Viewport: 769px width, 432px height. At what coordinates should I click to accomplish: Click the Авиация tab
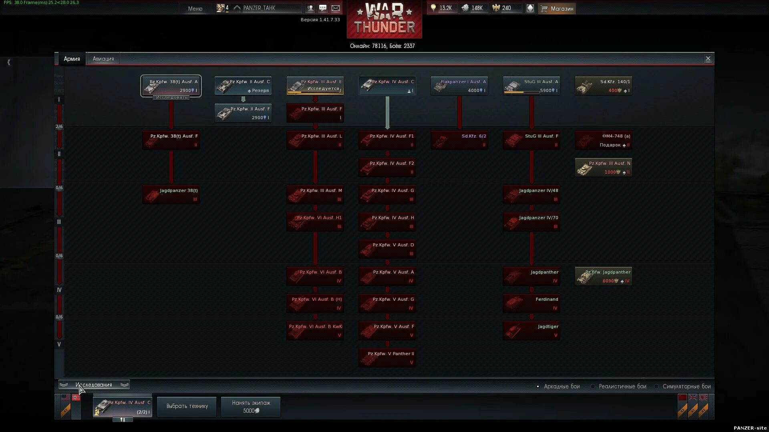point(103,59)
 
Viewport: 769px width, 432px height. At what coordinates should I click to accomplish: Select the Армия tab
point(72,59)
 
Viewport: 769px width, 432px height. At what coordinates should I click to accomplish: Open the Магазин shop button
point(557,8)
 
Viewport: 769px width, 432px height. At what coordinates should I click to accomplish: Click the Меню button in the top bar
point(195,8)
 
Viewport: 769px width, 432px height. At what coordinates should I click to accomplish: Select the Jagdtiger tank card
point(531,331)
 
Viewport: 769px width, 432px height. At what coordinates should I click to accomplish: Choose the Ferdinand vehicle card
point(531,304)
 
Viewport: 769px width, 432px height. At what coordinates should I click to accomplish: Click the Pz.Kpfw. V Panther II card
point(387,358)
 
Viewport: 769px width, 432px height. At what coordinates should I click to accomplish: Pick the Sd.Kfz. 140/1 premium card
point(603,86)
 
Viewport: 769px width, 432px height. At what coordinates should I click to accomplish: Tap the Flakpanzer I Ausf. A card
point(459,86)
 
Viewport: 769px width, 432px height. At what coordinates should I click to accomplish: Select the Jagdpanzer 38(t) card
point(171,195)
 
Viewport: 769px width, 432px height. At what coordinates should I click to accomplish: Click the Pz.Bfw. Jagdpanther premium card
point(603,276)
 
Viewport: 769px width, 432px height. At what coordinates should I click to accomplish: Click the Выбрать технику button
point(187,406)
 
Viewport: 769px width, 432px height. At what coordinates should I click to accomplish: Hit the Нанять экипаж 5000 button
point(251,406)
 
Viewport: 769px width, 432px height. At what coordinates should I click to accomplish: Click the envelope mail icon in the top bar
point(336,8)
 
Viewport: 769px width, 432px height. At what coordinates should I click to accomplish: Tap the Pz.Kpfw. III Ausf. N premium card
point(603,168)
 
